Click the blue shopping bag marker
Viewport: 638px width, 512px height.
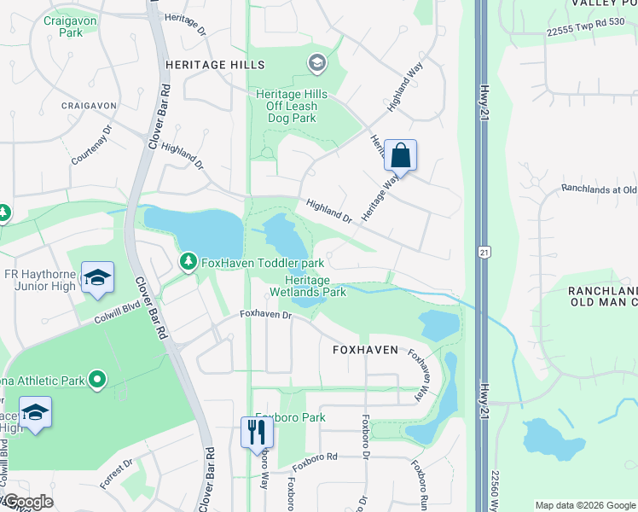pos(400,156)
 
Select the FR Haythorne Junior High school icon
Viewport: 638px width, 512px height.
pos(98,278)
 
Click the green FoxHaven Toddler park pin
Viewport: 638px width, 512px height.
pos(188,261)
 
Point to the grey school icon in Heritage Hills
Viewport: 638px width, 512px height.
pos(317,62)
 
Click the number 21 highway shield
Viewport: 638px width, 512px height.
pos(484,253)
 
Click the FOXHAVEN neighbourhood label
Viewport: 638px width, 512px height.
pos(365,350)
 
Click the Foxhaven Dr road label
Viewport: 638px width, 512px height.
pos(265,314)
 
